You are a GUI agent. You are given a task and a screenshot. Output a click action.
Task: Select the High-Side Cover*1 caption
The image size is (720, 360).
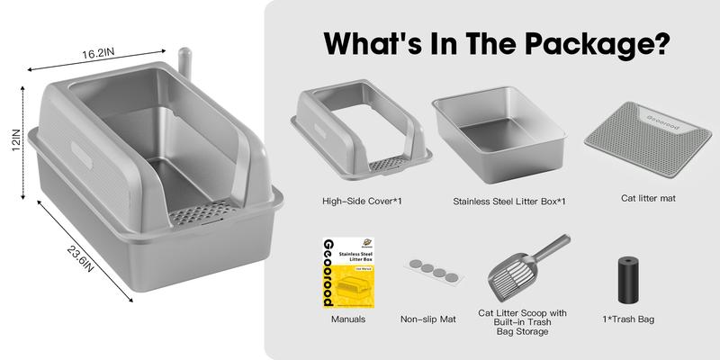pos(359,201)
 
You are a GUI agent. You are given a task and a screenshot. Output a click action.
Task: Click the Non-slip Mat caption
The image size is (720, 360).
pos(428,319)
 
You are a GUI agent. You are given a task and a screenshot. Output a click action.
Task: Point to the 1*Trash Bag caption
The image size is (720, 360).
pos(629,317)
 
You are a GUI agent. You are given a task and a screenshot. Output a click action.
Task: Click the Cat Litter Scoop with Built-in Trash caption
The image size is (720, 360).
pos(523,313)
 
